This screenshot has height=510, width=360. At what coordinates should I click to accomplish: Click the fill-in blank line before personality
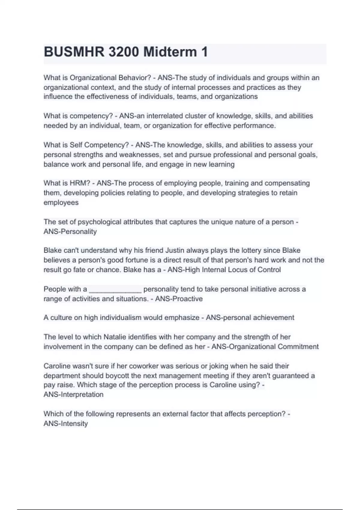(115, 290)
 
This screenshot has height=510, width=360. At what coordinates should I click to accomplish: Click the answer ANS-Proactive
(179, 299)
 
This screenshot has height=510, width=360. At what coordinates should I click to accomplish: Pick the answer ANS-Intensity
(66, 424)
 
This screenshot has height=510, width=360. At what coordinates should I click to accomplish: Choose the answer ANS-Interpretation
(73, 394)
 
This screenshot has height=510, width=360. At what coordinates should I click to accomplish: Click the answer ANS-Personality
(70, 232)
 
